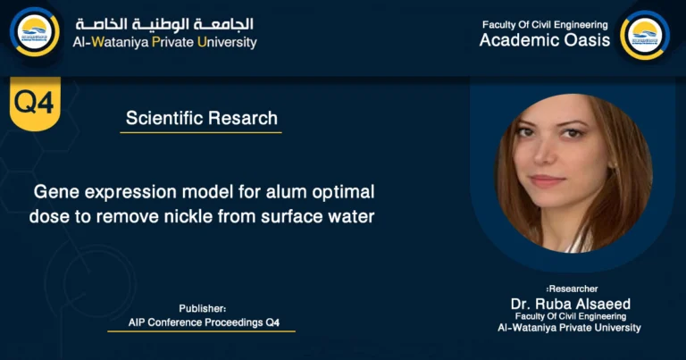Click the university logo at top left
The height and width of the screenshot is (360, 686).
point(35,33)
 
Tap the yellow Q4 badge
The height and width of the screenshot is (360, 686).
point(35,102)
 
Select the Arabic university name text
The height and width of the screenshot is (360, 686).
point(164,24)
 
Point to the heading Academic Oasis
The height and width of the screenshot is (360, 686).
point(545,40)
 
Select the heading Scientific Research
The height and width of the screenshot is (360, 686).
point(201,118)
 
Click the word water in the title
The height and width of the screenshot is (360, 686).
point(348,215)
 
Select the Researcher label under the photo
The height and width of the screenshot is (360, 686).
point(571,289)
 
